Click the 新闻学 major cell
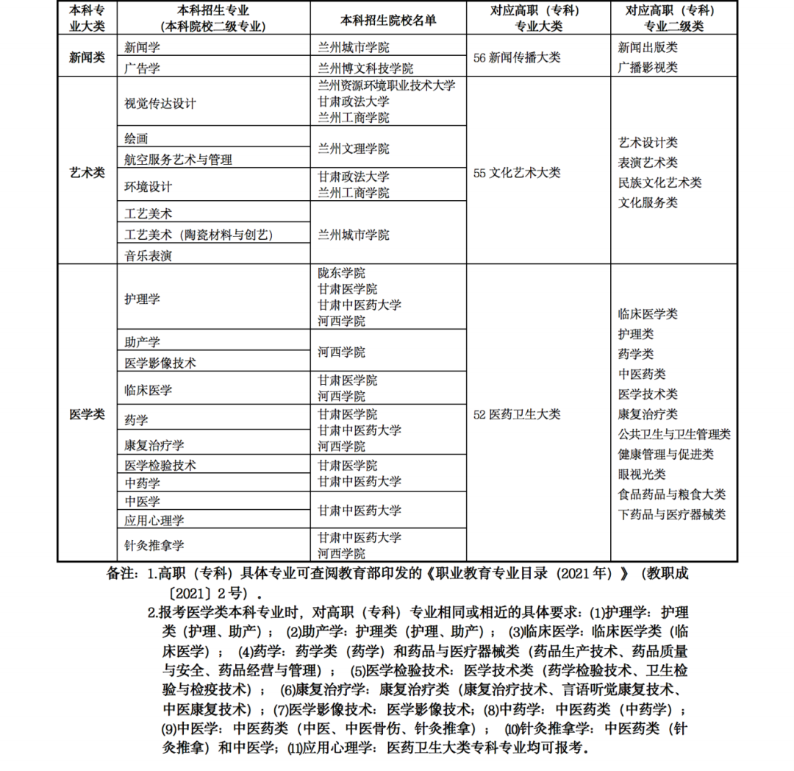coord(143,48)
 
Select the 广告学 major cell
coord(143,68)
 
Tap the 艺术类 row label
coord(87,173)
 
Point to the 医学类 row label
coord(87,414)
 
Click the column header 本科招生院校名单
coord(389,20)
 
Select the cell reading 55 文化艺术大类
coord(517,173)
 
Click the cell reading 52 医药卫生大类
coord(517,414)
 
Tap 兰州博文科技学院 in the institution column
coord(365,68)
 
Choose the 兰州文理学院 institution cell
coord(354,149)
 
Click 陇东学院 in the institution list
coord(342,273)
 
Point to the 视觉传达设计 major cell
coord(160,103)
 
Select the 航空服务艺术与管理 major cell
coord(178,159)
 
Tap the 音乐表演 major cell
coord(149,256)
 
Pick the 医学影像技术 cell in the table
coord(160,363)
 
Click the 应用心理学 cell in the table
coord(154,520)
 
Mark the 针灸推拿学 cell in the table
coord(154,545)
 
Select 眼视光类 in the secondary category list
coord(642,475)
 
